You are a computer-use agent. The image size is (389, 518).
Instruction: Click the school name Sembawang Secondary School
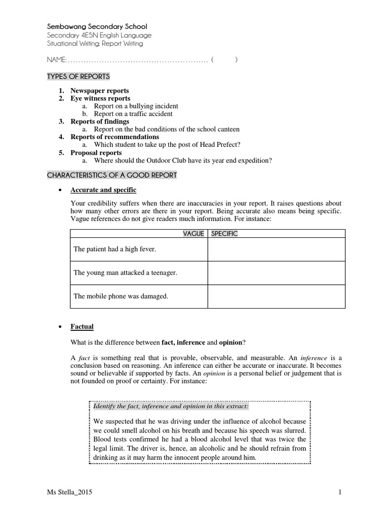pyautogui.click(x=97, y=26)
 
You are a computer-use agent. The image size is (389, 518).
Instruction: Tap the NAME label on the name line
pyautogui.click(x=56, y=60)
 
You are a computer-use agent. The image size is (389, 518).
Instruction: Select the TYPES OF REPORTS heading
pyautogui.click(x=79, y=76)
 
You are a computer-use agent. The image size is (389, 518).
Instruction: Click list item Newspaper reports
pyautogui.click(x=100, y=91)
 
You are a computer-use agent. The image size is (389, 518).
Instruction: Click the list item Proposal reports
pyautogui.click(x=96, y=153)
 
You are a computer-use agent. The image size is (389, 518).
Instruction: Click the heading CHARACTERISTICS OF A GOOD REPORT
pyautogui.click(x=112, y=175)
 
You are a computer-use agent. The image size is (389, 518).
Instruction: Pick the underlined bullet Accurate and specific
pyautogui.click(x=103, y=190)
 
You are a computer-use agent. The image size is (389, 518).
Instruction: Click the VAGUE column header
pyautogui.click(x=193, y=234)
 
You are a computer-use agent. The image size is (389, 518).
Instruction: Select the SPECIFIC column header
pyautogui.click(x=224, y=234)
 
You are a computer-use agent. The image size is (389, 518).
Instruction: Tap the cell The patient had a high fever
pyautogui.click(x=115, y=249)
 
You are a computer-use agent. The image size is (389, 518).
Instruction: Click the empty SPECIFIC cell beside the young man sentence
pyautogui.click(x=276, y=273)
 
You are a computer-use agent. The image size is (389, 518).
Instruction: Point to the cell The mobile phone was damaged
pyautogui.click(x=121, y=296)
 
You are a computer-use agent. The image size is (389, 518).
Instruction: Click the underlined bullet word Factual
pyautogui.click(x=82, y=327)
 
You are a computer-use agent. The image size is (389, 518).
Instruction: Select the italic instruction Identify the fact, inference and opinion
pyautogui.click(x=171, y=406)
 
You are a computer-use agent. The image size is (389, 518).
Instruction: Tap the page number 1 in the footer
pyautogui.click(x=341, y=492)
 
